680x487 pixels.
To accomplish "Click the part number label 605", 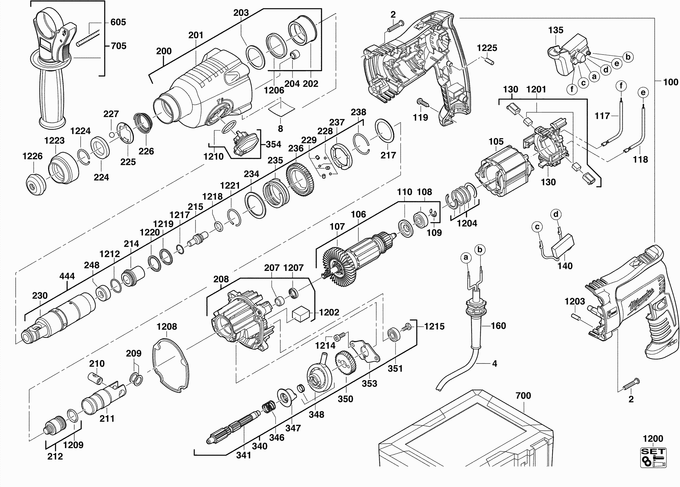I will (x=118, y=22).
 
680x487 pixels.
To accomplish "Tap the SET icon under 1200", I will (x=653, y=457).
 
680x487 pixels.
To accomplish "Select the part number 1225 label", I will (x=487, y=48).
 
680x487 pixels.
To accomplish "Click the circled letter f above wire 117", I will (x=621, y=86).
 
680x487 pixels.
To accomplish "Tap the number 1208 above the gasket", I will (x=167, y=327).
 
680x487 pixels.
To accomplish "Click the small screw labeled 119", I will (x=423, y=103).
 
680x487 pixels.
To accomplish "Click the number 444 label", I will (x=67, y=276).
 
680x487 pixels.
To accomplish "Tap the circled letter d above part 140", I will (x=556, y=214).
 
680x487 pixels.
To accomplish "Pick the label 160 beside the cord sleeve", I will (x=498, y=326).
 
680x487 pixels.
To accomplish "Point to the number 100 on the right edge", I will (x=671, y=82).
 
